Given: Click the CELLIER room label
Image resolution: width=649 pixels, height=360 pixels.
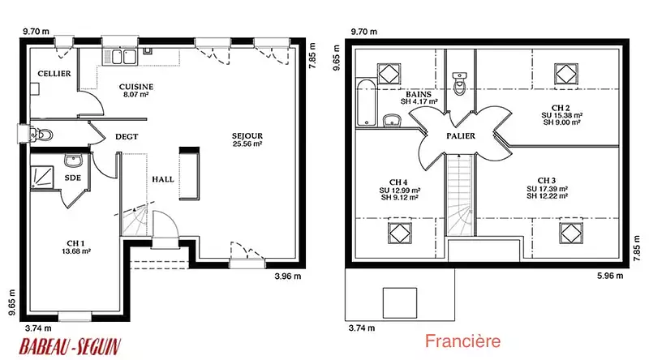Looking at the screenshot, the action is [54, 74].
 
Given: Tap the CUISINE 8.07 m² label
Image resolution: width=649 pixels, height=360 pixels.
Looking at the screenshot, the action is [136, 90].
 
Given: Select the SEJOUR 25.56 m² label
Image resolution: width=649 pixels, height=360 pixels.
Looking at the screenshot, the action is [247, 139].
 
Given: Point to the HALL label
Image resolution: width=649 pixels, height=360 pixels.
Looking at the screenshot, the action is [163, 179].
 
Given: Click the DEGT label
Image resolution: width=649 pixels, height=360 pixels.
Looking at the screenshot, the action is [127, 136].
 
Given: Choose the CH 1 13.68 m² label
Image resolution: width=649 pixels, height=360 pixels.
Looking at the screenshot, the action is [75, 247].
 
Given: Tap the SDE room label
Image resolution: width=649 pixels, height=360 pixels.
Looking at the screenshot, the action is [72, 178].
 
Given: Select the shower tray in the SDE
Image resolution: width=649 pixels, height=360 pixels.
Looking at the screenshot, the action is [42, 178].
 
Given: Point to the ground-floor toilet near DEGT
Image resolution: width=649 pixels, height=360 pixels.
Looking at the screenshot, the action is [42, 135].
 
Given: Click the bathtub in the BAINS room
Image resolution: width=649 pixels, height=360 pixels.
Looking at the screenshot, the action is [367, 103].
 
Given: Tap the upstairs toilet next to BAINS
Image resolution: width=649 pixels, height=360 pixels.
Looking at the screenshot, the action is [459, 84].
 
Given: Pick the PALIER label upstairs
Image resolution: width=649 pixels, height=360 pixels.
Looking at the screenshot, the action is [461, 135].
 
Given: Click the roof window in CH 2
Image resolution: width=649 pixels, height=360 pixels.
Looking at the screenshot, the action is [565, 75].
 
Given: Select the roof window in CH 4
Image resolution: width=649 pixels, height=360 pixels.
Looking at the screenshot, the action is [399, 233].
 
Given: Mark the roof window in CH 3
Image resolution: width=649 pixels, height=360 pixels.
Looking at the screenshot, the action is [570, 233].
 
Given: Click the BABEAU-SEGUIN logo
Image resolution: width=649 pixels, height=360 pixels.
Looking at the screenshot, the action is [70, 347].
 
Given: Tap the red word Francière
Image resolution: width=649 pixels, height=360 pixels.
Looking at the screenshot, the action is [462, 341].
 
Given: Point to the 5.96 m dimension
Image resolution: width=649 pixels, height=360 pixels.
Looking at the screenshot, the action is [610, 276].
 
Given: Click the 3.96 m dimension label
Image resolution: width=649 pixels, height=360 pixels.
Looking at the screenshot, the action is [288, 276].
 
